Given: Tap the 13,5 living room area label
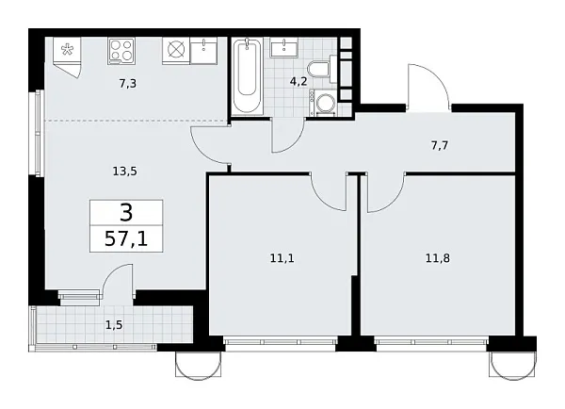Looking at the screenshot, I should pos(125,171).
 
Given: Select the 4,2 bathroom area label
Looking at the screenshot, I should pos(298,81).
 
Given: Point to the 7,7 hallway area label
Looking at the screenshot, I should pos(440,147).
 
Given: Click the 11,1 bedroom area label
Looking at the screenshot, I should pos(281,254).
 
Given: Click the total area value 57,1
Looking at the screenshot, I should pos(126,239).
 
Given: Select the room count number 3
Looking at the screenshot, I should pos(126,211).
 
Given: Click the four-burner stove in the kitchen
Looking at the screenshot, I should pos(122,49).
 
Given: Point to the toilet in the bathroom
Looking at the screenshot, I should pos(321,69).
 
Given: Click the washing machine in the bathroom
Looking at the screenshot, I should pos(325,103).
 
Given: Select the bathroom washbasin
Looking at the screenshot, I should pos(283,48).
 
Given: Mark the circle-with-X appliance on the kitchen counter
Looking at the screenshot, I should pos(174,49).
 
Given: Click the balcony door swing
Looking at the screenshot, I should pos(118,281).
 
